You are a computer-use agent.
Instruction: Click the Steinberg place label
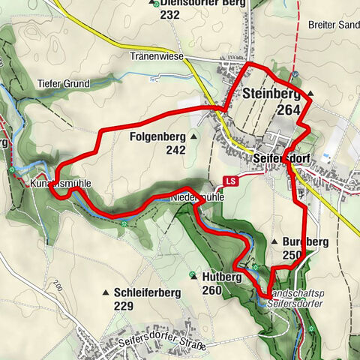271,94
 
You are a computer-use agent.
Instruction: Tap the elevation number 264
271,109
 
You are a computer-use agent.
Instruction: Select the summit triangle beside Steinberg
309,94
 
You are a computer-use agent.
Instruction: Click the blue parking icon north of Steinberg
296,73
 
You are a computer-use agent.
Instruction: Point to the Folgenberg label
157,137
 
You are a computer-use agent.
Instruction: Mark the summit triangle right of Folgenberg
193,137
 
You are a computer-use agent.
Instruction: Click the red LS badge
230,181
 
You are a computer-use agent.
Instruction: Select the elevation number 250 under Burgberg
292,256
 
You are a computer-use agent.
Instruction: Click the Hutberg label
222,277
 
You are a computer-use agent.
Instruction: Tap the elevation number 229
124,306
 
